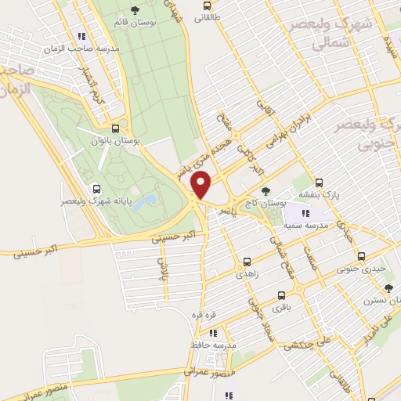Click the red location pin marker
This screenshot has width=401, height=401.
(201, 185)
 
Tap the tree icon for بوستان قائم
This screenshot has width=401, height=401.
(136, 9)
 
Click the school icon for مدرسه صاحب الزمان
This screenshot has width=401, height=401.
(81, 35)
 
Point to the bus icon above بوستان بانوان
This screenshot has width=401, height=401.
(115, 128)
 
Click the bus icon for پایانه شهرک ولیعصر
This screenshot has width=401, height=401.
(96, 189)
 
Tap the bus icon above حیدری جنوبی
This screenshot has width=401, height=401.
(361, 255)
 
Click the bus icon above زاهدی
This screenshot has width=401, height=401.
(247, 262)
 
